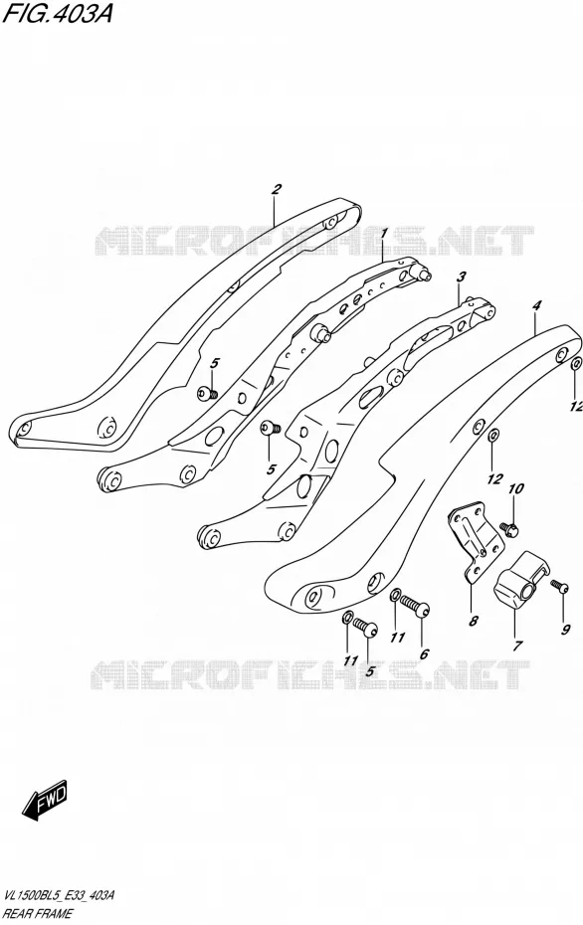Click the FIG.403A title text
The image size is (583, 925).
click(x=57, y=13)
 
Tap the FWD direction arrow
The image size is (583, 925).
click(x=46, y=800)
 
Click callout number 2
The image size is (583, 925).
click(x=277, y=190)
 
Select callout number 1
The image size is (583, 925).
click(x=384, y=235)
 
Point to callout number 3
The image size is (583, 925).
click(x=462, y=277)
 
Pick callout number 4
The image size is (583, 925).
click(x=536, y=305)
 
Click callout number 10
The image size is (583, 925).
click(x=515, y=489)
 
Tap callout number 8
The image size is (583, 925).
click(x=474, y=621)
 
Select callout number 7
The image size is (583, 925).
click(x=517, y=646)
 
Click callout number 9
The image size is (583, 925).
click(x=566, y=630)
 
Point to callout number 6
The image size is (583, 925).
click(x=423, y=653)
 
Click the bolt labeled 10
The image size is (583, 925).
click(x=508, y=527)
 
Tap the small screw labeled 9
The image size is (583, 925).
click(x=559, y=587)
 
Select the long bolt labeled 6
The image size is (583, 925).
click(x=415, y=606)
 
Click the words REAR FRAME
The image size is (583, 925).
click(x=38, y=914)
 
